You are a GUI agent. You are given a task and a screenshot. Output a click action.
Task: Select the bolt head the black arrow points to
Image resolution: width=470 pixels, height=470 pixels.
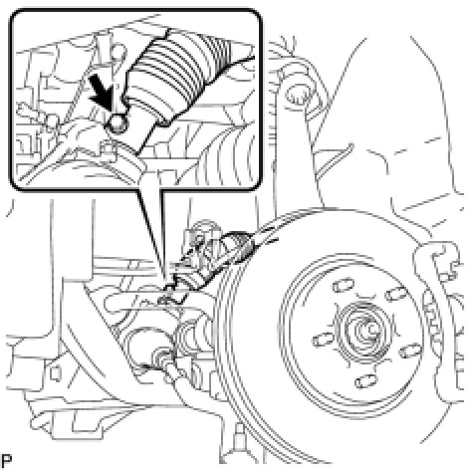tap(117, 123)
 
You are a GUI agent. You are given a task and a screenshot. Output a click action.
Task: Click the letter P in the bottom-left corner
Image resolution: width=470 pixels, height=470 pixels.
tap(6, 461)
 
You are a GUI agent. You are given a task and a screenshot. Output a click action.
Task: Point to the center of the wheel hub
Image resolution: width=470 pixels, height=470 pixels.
tap(366, 330)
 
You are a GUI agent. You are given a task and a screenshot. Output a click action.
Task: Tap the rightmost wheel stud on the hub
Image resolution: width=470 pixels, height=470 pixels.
tap(411, 351)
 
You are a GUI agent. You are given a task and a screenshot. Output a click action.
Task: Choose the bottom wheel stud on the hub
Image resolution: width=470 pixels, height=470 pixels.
tap(365, 380)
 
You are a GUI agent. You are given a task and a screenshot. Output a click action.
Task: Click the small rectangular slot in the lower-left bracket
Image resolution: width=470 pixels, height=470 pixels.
tap(55, 373)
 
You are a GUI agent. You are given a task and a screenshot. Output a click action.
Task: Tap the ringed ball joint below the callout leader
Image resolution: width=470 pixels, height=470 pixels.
tap(162, 357)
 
